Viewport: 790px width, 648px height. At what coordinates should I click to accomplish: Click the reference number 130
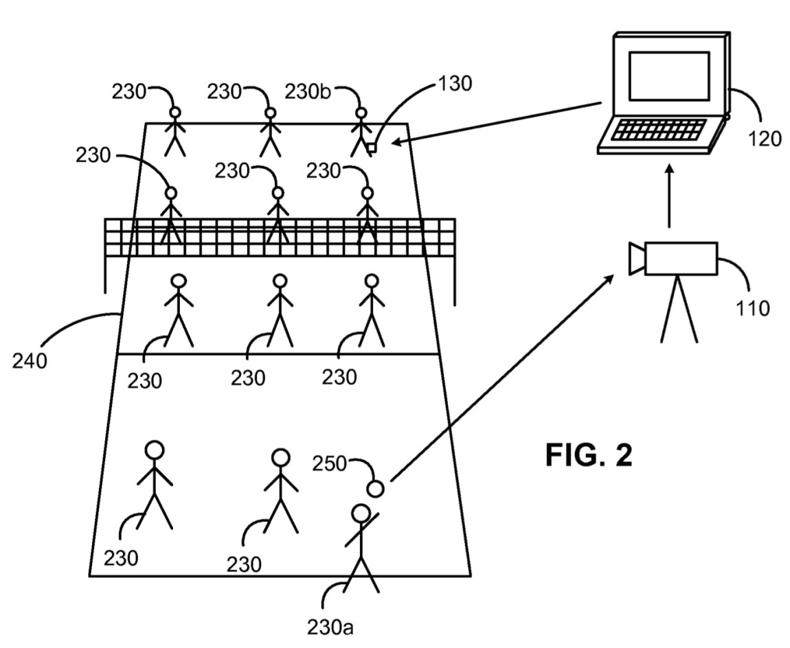coord(455,84)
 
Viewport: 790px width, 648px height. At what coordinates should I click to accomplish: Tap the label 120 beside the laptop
coord(765,139)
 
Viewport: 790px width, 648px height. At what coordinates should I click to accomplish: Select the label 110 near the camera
coord(753,308)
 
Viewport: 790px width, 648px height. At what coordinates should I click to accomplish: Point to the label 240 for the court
coord(30,361)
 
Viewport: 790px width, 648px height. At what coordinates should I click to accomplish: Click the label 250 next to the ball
coord(330,463)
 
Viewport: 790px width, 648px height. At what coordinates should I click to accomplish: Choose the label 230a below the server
coord(330,627)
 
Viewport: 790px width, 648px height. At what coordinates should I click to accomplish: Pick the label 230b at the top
coord(308,92)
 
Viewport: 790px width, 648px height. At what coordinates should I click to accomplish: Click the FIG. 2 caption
coord(589,455)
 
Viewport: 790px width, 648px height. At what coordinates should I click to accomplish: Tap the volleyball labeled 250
coord(376,488)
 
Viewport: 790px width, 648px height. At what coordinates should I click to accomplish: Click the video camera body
coord(681,258)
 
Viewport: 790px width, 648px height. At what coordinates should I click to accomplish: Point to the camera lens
coord(637,258)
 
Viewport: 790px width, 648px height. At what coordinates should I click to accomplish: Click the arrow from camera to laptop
coord(669,196)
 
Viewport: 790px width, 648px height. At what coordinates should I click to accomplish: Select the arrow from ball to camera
coord(501,378)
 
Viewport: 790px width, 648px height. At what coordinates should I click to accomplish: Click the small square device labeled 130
coord(372,148)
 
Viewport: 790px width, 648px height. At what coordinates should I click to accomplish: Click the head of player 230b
coord(361,113)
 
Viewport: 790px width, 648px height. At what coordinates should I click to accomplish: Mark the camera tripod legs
coord(679,309)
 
